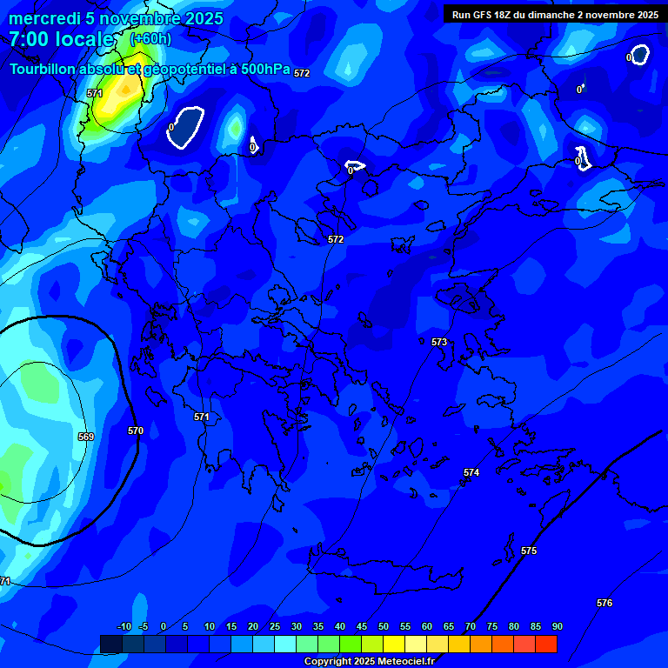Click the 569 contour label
tap(85, 437)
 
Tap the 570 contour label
tap(135, 431)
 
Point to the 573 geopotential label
tap(439, 342)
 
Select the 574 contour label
tap(471, 472)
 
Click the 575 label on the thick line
tap(529, 551)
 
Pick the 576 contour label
tap(605, 603)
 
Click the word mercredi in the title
tap(45, 18)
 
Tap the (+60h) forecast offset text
tap(150, 39)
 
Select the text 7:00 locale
tap(61, 39)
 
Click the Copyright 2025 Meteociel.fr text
tap(369, 661)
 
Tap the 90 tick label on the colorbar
tap(557, 626)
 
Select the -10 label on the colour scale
tap(124, 626)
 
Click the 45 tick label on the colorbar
tap(361, 626)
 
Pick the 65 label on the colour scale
tap(448, 626)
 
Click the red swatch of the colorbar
tap(545, 644)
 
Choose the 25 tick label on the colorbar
tap(274, 626)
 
